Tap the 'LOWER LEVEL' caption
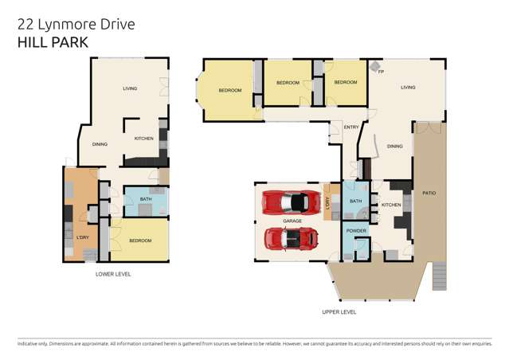[112, 274]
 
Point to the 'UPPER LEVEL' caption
[339, 312]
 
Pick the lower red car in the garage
[290, 237]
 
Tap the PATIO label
[429, 194]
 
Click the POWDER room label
[356, 231]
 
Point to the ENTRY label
[351, 127]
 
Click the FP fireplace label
[382, 72]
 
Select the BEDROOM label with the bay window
[230, 91]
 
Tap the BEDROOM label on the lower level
[140, 240]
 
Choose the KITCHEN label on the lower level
[143, 139]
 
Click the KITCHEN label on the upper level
[391, 205]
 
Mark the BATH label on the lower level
[146, 199]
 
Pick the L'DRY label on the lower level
[82, 238]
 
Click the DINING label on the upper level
[394, 147]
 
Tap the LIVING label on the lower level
[130, 88]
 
